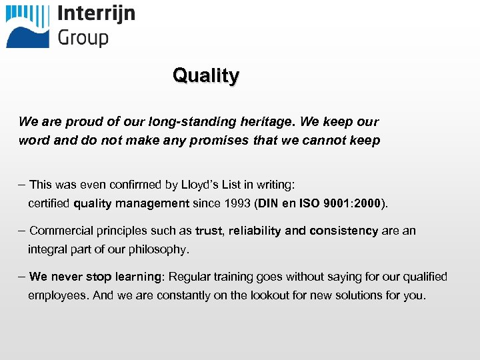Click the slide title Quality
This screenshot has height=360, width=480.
205,75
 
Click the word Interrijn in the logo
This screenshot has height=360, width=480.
96,14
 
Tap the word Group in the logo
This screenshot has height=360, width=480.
83,37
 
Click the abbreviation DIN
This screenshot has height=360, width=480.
269,203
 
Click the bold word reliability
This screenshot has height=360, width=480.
255,231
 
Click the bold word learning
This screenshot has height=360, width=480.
139,277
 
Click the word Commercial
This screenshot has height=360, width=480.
61,231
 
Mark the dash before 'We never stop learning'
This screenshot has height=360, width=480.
23,276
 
